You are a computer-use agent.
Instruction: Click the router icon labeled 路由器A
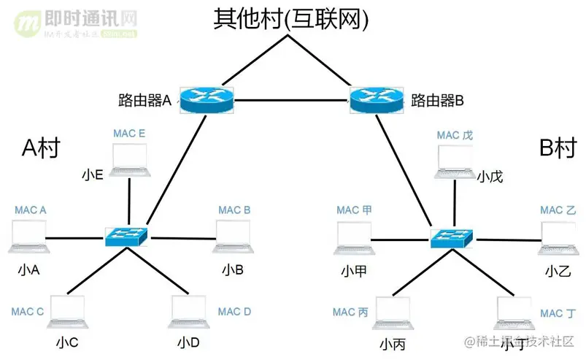(207, 99)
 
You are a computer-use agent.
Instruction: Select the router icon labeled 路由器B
(377, 99)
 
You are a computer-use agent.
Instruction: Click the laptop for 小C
(66, 314)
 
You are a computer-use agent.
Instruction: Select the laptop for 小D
(188, 314)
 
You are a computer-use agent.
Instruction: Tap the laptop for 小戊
(454, 162)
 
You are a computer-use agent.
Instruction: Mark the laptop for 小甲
(354, 239)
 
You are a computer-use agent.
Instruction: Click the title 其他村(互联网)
(291, 20)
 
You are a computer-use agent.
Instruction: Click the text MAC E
(129, 134)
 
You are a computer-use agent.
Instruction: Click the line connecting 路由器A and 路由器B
(292, 99)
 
